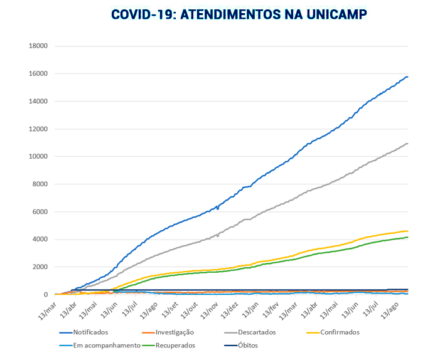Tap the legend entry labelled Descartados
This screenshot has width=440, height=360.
(x=254, y=332)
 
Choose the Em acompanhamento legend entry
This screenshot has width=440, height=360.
(x=106, y=345)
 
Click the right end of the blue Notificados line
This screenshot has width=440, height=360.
(x=407, y=77)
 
